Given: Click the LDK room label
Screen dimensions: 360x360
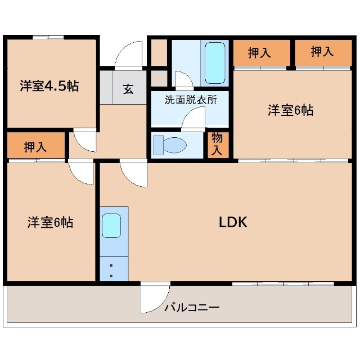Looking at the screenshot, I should pos(233,222).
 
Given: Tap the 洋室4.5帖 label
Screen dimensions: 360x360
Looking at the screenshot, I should pos(49,86).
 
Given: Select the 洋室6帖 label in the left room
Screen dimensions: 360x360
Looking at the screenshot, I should pos(50,222).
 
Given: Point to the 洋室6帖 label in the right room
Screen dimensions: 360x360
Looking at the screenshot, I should pos(290,110).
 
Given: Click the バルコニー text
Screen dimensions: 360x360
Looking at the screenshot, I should pos(192,308).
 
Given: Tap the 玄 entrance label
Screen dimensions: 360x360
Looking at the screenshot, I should pos(128,88).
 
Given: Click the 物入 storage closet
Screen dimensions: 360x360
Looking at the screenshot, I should pos(217,144).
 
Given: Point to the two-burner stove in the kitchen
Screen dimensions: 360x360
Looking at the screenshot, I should pos(111,269).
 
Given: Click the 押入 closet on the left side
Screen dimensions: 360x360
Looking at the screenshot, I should pos(35,147).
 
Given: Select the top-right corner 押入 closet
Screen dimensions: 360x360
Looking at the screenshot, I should pos(322,52).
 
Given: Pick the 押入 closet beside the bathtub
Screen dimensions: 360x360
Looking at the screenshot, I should pos(260,53).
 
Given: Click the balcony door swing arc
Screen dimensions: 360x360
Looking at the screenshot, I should pos(154,298).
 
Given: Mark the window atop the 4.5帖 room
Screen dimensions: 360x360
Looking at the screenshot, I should pos(48,38).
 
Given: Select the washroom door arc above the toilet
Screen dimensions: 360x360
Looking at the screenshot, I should pos(192,119).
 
